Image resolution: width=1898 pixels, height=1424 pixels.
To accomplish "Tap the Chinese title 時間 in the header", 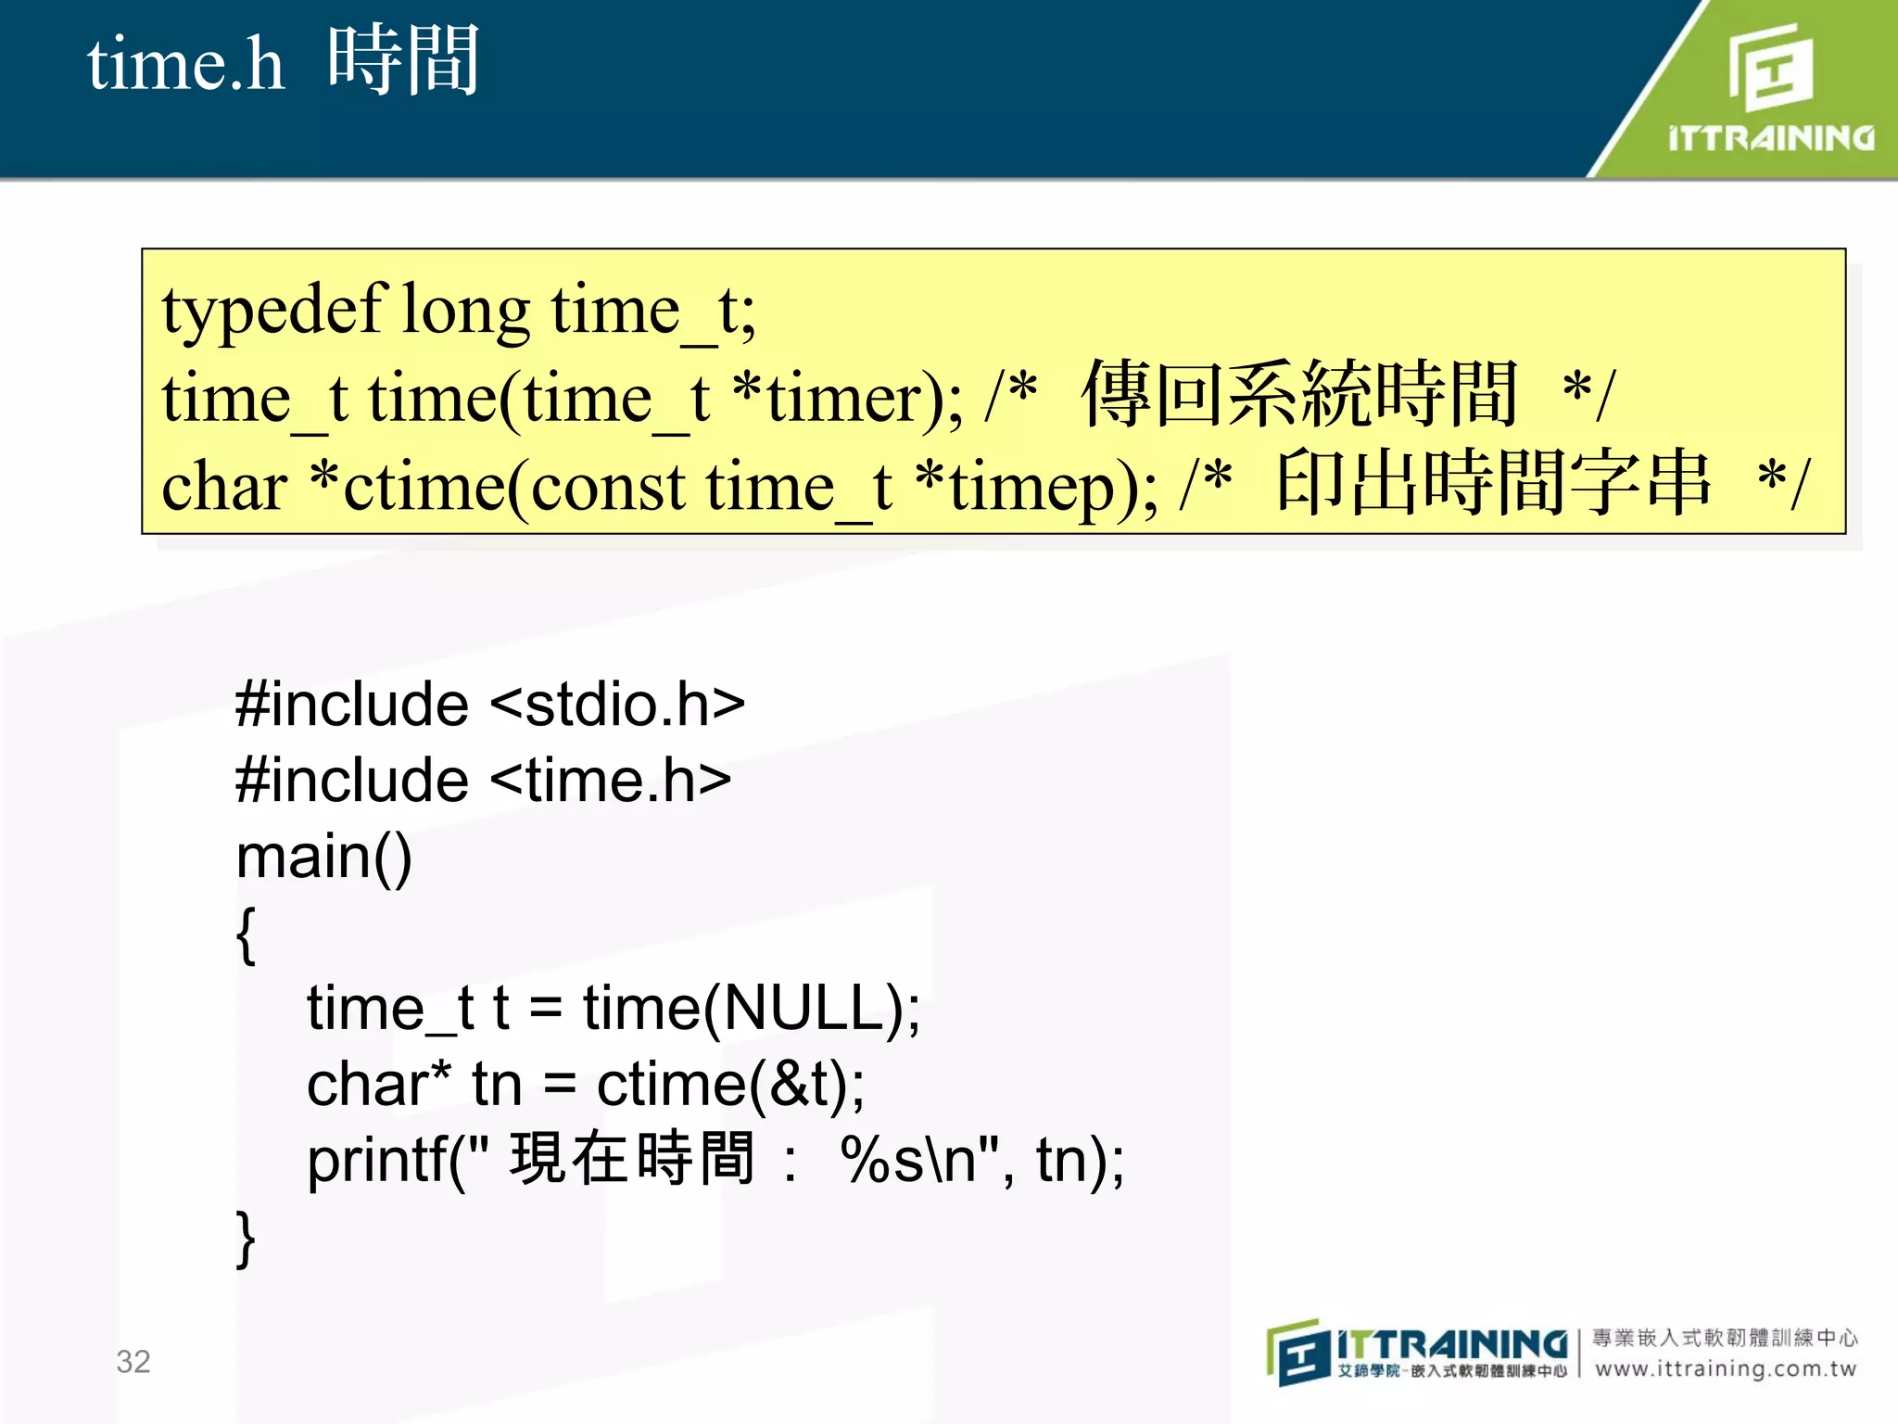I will (403, 61).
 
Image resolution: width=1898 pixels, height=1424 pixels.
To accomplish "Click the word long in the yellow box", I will (466, 311).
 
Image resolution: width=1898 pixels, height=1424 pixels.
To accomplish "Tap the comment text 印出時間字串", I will (1492, 483).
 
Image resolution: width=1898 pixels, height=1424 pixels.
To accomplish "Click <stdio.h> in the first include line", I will (617, 705).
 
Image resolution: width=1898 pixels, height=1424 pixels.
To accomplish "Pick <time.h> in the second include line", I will (611, 781).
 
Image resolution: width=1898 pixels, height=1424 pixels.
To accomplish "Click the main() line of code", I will (323, 857).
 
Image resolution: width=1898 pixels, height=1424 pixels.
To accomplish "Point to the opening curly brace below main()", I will (246, 935).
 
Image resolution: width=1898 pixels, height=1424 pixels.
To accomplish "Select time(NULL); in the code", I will (751, 1009).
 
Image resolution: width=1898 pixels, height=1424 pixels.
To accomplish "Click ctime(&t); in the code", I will (730, 1085).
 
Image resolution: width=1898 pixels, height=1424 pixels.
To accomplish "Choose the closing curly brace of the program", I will (246, 1239).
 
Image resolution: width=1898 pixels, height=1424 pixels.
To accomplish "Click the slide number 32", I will (133, 1361).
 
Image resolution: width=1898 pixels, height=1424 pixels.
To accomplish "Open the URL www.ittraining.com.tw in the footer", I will (1726, 1369).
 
